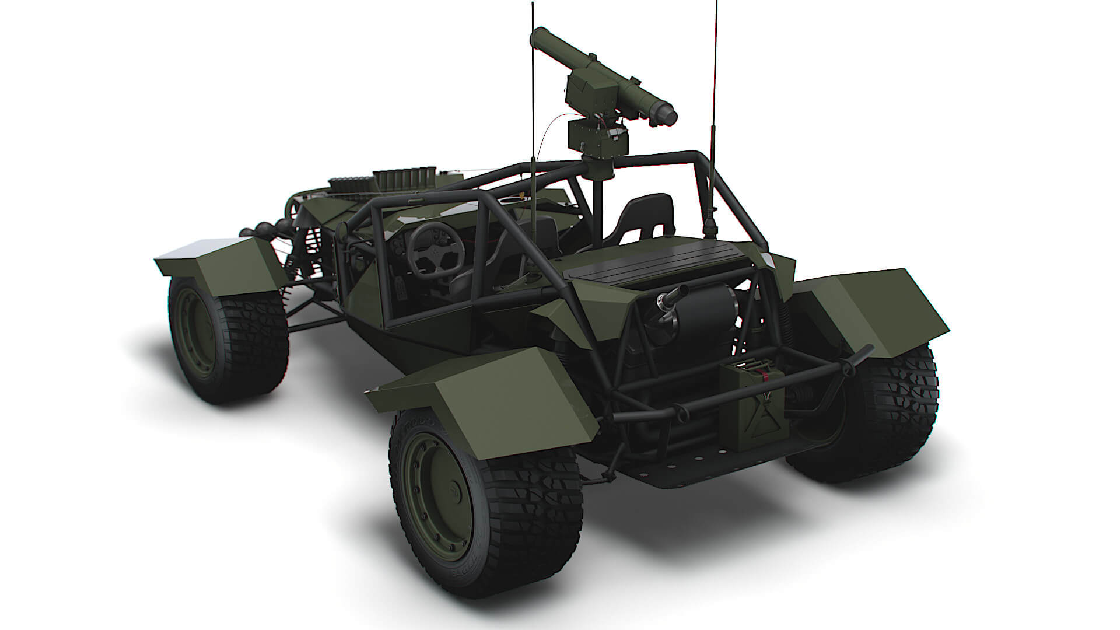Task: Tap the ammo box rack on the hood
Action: point(402,178)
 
